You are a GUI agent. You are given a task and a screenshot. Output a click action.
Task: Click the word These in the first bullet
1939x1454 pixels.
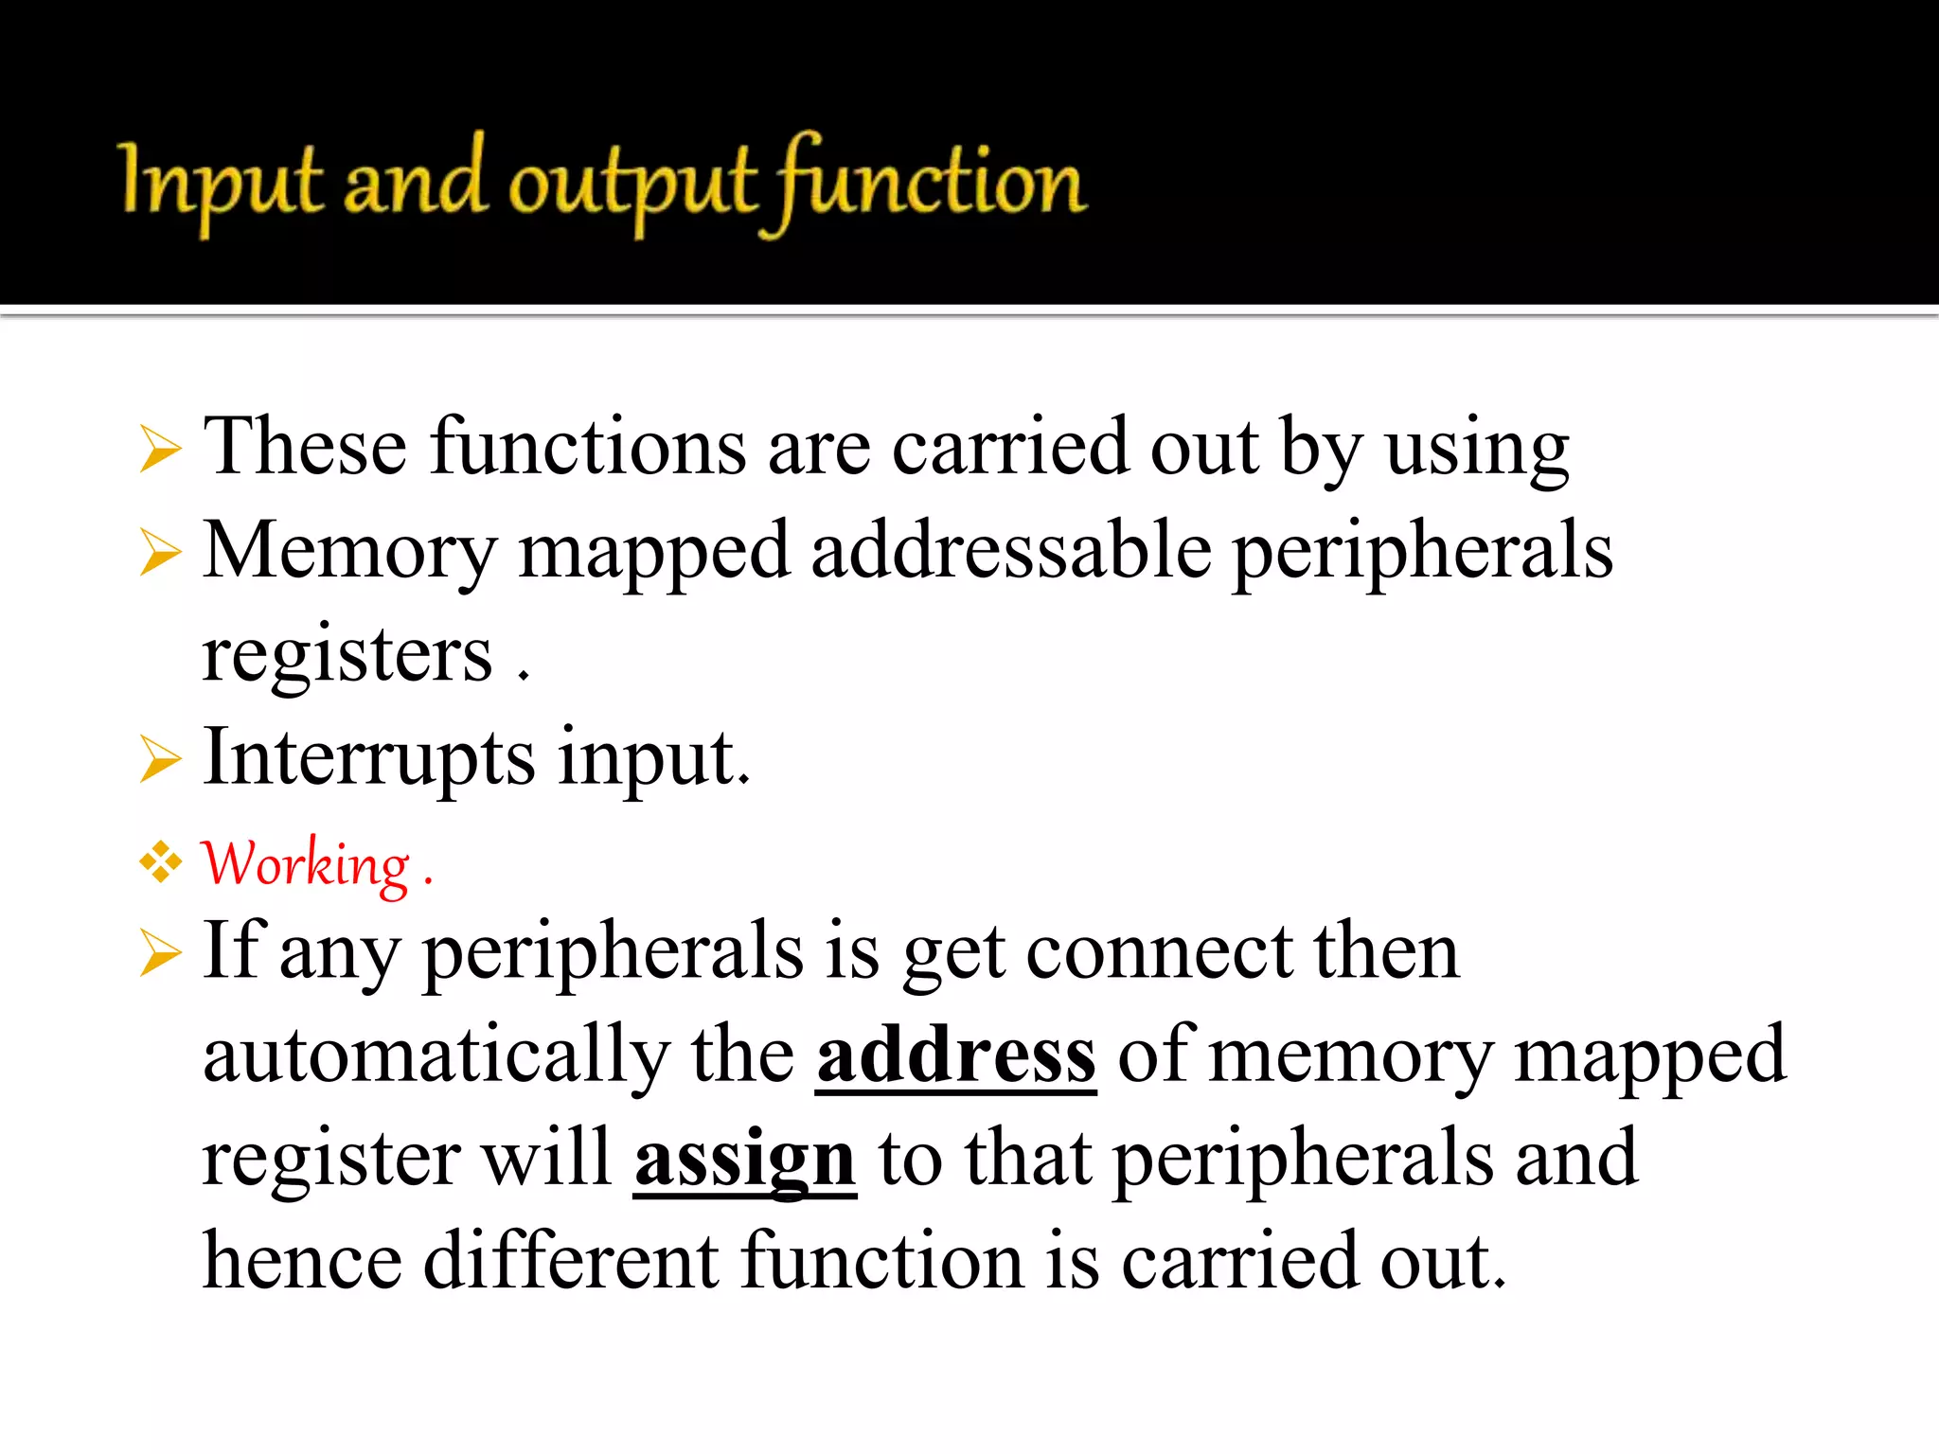pyautogui.click(x=306, y=446)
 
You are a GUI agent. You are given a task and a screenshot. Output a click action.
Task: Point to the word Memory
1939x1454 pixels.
pyautogui.click(x=349, y=552)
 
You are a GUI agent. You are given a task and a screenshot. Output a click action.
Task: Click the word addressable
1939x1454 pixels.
pyautogui.click(x=1010, y=550)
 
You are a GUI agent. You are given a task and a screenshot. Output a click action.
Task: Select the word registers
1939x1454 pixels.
pyautogui.click(x=347, y=654)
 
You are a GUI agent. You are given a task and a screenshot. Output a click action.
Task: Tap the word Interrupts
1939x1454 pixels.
pyautogui.click(x=369, y=757)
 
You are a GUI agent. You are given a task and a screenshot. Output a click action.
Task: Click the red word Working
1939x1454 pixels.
pyautogui.click(x=306, y=864)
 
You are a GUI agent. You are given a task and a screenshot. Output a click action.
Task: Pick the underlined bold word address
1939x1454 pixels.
pyautogui.click(x=956, y=1055)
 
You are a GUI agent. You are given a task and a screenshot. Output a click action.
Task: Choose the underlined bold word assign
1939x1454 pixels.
pyautogui.click(x=745, y=1159)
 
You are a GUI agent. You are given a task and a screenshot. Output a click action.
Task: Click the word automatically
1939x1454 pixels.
pyautogui.click(x=436, y=1055)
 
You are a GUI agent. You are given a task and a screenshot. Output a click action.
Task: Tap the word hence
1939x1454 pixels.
pyautogui.click(x=302, y=1261)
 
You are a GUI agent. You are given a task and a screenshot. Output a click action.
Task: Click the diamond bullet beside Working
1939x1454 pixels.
pyautogui.click(x=161, y=862)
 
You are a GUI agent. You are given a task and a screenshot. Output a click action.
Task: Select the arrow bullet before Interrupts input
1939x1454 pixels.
pyautogui.click(x=160, y=759)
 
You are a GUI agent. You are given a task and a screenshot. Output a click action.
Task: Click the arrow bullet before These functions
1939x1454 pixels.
pyautogui.click(x=160, y=449)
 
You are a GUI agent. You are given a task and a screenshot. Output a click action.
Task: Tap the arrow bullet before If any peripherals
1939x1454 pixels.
pyautogui.click(x=160, y=952)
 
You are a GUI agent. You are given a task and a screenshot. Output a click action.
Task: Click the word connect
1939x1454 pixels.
pyautogui.click(x=1159, y=952)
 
